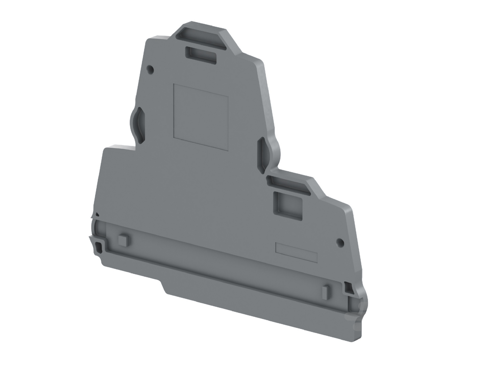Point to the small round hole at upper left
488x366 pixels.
(151, 70)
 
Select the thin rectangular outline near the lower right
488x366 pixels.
(296, 252)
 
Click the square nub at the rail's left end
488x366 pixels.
(123, 239)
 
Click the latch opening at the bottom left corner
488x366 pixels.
(99, 247)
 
